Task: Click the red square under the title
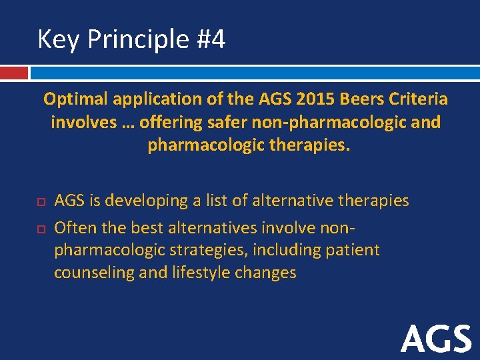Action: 14,72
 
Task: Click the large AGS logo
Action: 436,339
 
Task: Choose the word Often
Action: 75,228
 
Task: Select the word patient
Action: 353,250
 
